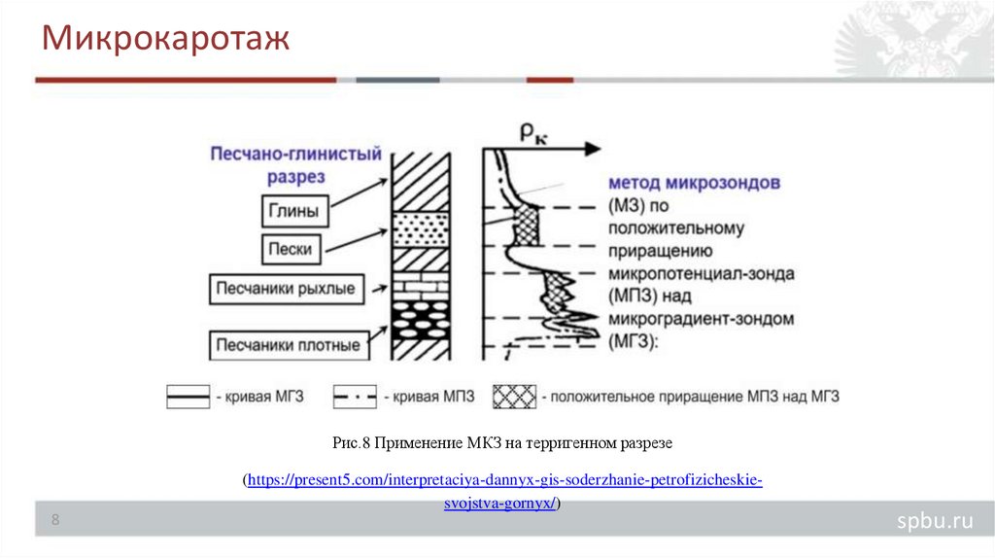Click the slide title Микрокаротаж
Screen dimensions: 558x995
click(165, 41)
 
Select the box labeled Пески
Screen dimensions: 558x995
click(292, 249)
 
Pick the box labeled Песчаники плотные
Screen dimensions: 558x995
click(289, 344)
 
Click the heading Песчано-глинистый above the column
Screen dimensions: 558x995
click(296, 155)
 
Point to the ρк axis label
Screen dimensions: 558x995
click(532, 136)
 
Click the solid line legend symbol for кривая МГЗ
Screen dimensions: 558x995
click(188, 396)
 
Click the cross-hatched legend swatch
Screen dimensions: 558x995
click(514, 396)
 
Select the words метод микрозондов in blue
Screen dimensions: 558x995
click(693, 183)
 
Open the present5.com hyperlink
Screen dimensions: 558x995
click(505, 481)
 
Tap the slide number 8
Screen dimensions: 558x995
click(55, 521)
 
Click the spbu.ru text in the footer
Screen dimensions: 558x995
click(934, 522)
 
